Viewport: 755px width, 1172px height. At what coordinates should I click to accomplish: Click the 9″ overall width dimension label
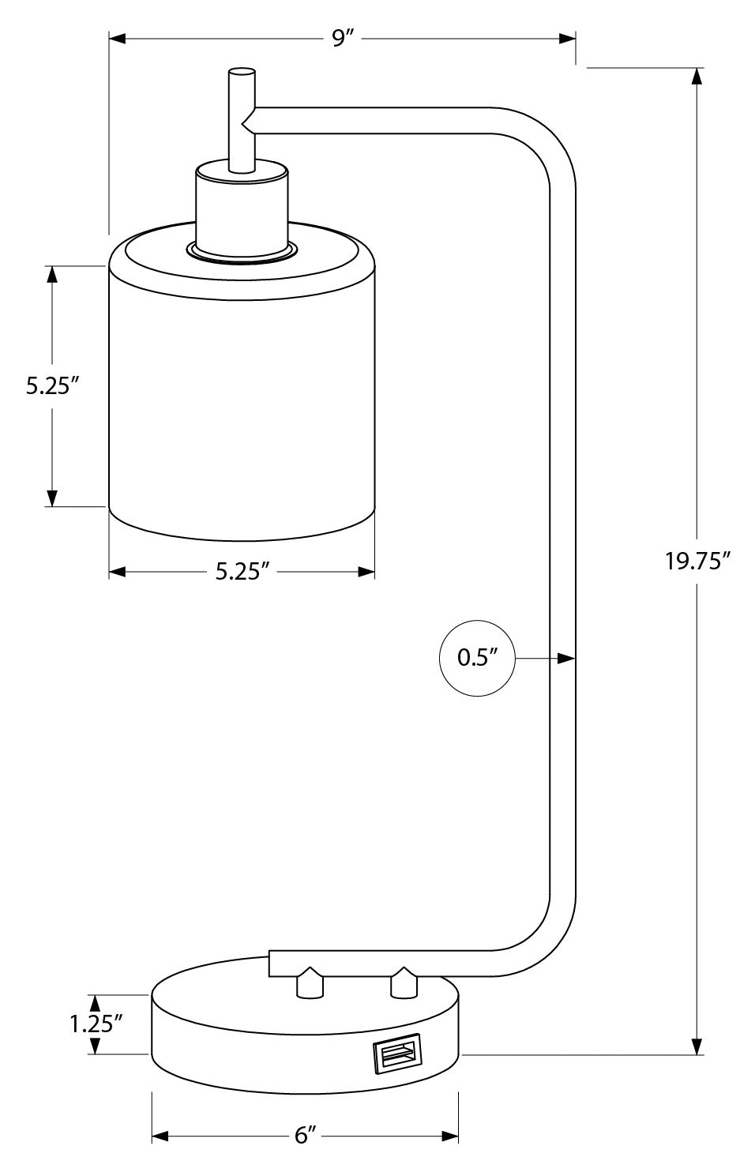tap(340, 39)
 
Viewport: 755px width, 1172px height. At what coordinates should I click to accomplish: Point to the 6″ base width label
tap(305, 1136)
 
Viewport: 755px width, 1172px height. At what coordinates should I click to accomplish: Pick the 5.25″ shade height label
tap(52, 386)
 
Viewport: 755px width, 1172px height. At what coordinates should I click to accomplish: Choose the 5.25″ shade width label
tap(238, 572)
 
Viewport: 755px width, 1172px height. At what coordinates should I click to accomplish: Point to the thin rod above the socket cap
tap(241, 118)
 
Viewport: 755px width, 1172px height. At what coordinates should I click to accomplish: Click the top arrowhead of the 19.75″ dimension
tap(697, 77)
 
